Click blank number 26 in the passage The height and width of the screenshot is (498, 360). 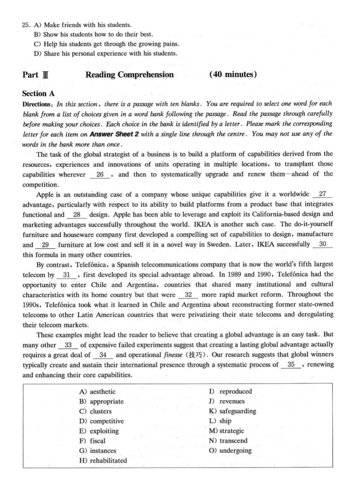click(x=100, y=174)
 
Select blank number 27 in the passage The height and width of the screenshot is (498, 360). click(x=322, y=194)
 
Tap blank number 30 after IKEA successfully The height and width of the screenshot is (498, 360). click(x=323, y=244)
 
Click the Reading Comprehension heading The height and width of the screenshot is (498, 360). click(x=130, y=75)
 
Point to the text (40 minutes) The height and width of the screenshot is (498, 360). click(x=233, y=75)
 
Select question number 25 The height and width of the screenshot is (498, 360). click(x=26, y=25)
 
